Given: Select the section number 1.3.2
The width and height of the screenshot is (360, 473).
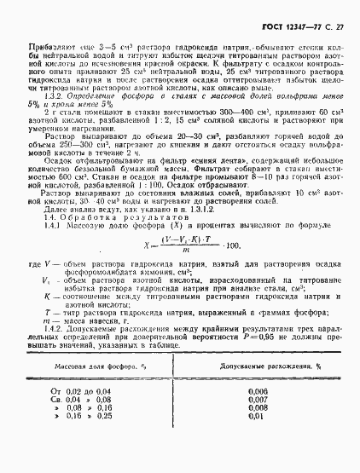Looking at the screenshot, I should point(51,99).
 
